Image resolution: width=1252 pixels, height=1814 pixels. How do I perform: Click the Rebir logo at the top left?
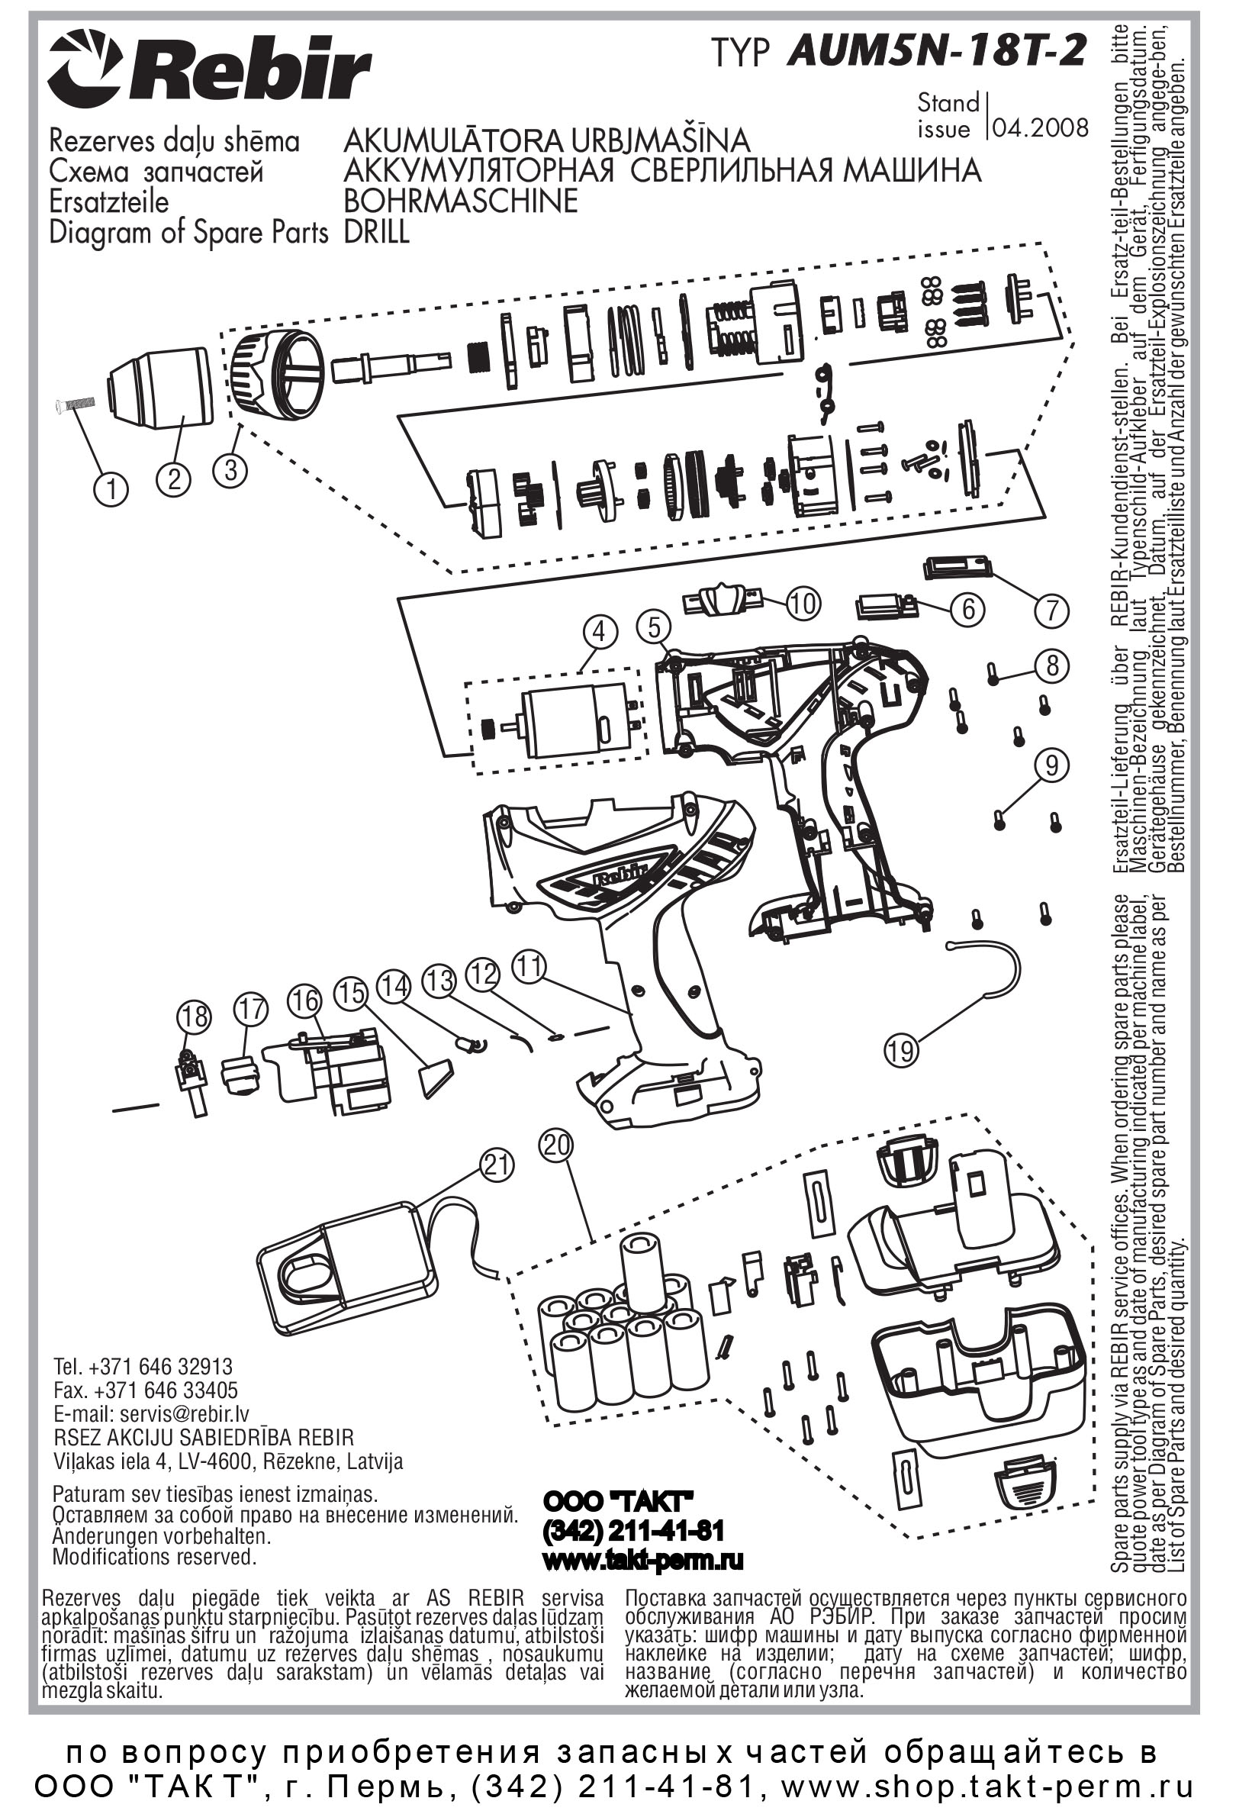click(x=210, y=73)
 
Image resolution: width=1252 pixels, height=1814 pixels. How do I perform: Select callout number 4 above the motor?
click(x=600, y=633)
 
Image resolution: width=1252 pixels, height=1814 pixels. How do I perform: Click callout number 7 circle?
click(x=1052, y=610)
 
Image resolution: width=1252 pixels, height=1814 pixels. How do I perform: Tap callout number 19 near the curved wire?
click(x=901, y=1049)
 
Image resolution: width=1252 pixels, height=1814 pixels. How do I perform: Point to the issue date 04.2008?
click(x=1040, y=128)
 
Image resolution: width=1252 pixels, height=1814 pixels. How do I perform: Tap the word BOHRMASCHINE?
click(x=462, y=201)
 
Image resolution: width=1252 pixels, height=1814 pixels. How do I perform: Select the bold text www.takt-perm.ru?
click(x=642, y=1561)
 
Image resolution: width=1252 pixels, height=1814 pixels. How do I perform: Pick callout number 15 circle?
click(x=352, y=994)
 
